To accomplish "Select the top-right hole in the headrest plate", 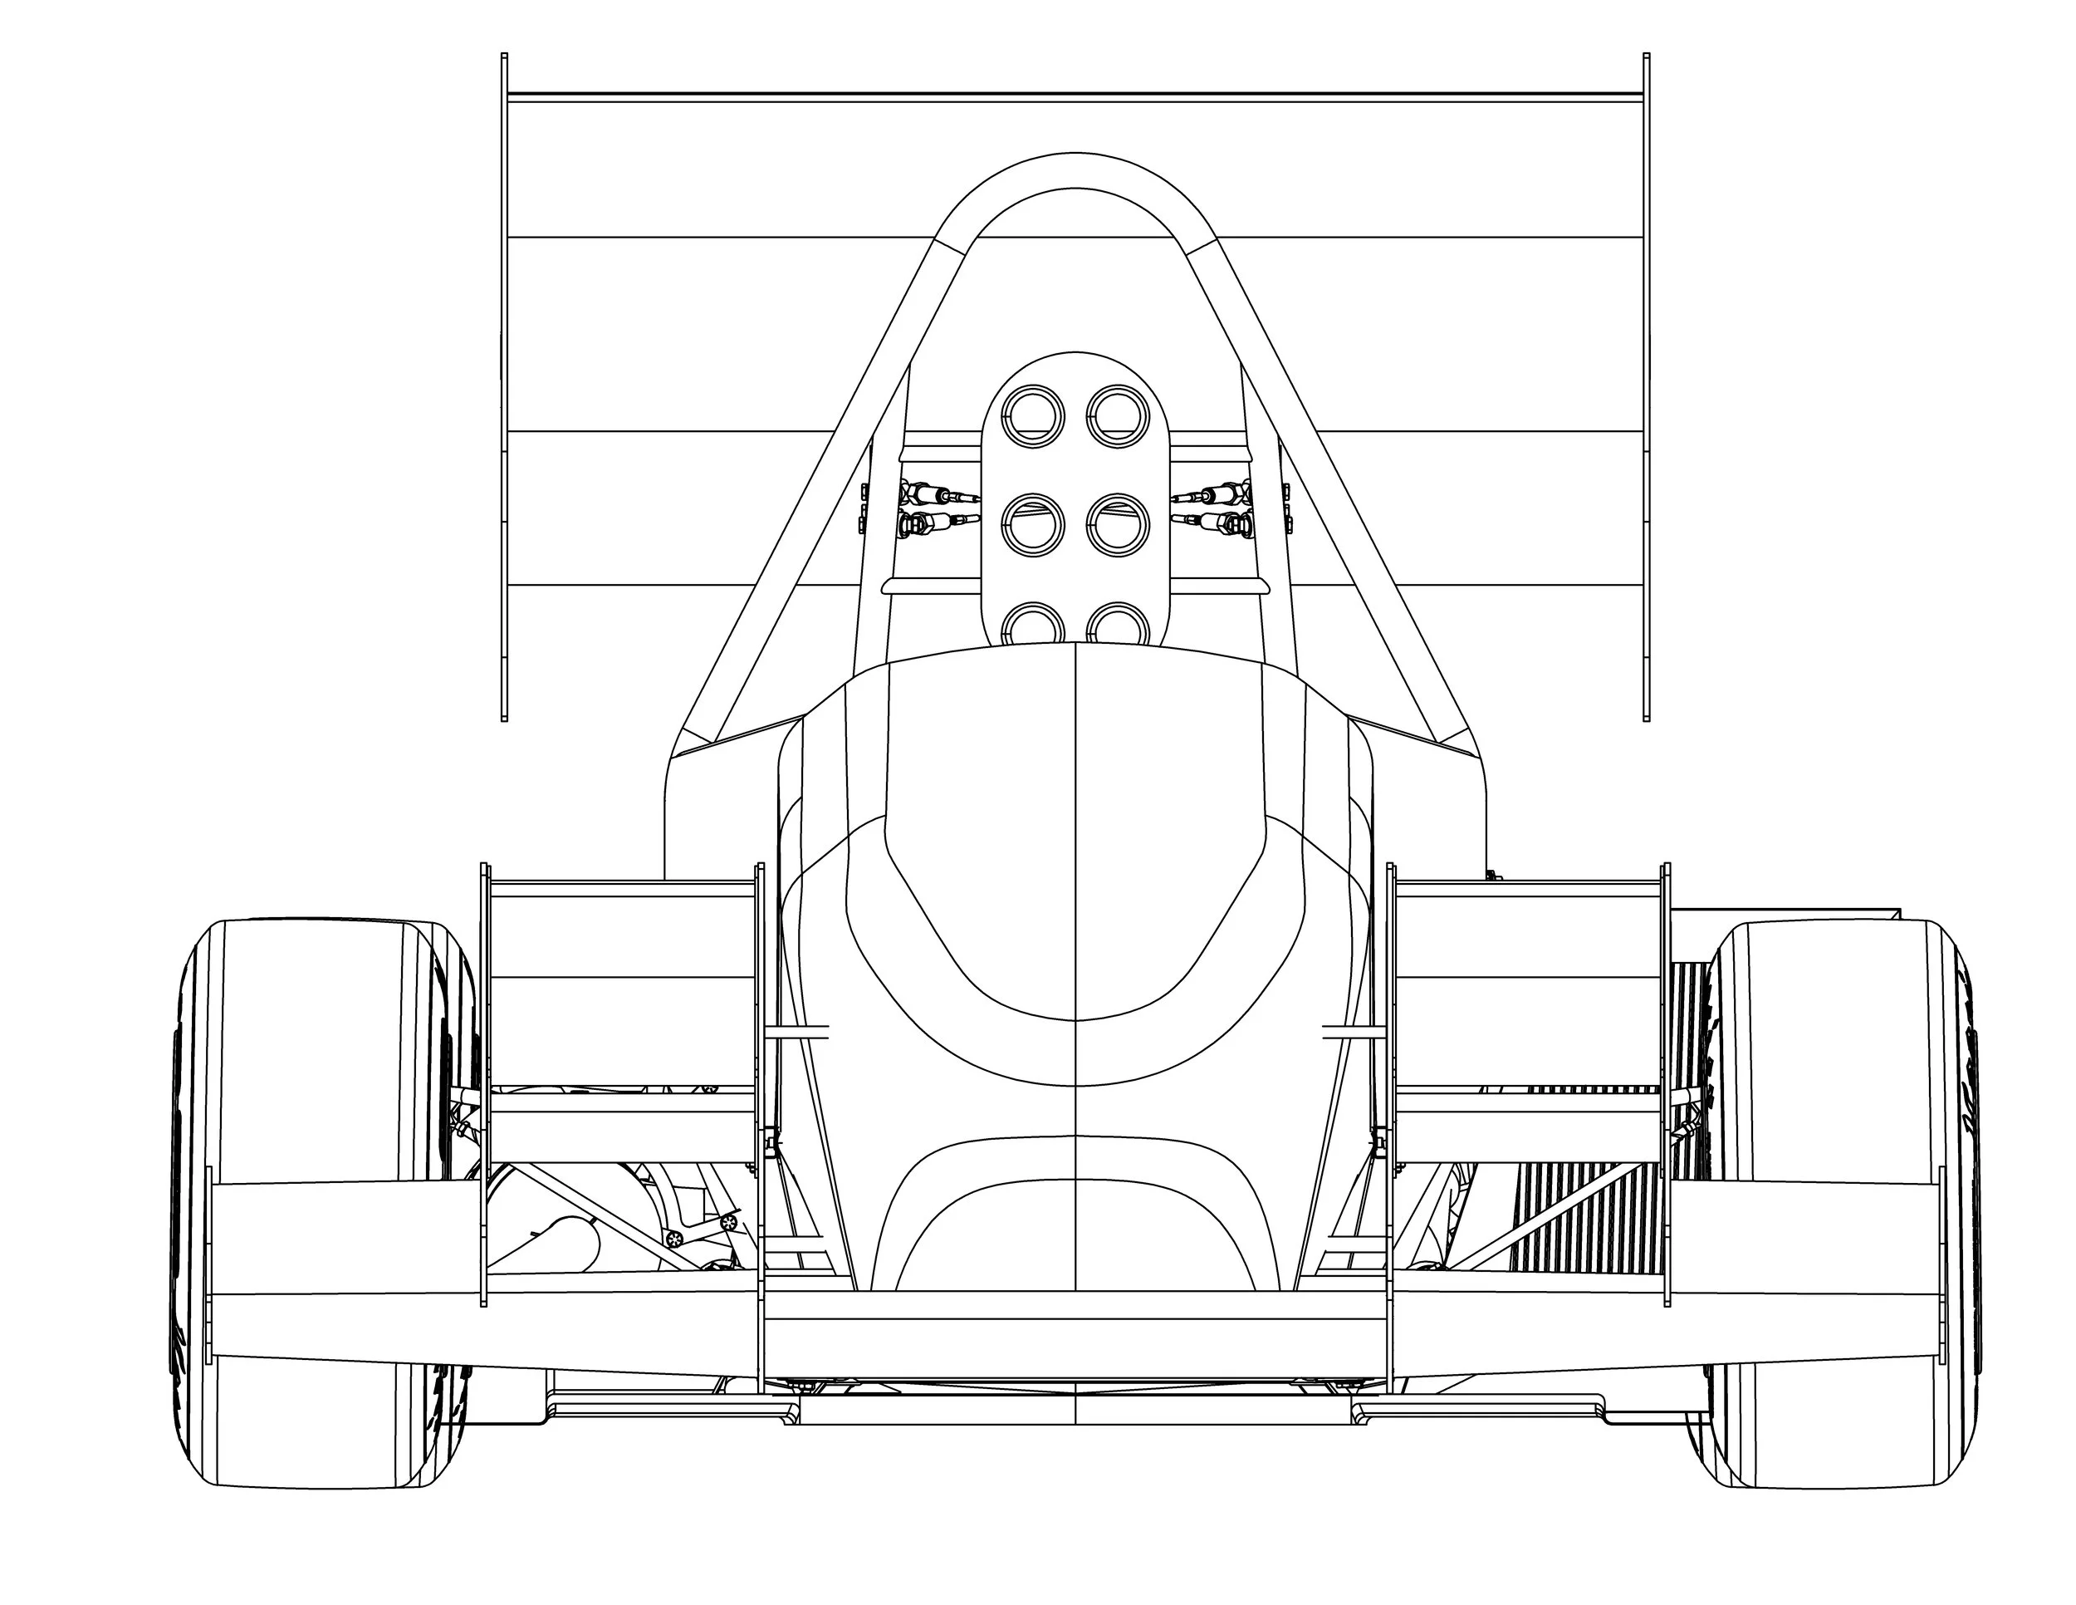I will pyautogui.click(x=1118, y=416).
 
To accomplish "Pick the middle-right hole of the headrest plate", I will pyautogui.click(x=1118, y=525).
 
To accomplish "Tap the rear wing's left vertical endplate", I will pyautogui.click(x=504, y=380).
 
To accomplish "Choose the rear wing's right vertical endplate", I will pyautogui.click(x=1647, y=380).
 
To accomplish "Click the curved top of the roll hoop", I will pyautogui.click(x=1074, y=171).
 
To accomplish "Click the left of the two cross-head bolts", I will pyautogui.click(x=674, y=1238).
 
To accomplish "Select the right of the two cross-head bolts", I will pyautogui.click(x=729, y=1222).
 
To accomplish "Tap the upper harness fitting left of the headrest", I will pyautogui.click(x=937, y=494).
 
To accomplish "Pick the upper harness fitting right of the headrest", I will pyautogui.click(x=1212, y=494).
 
